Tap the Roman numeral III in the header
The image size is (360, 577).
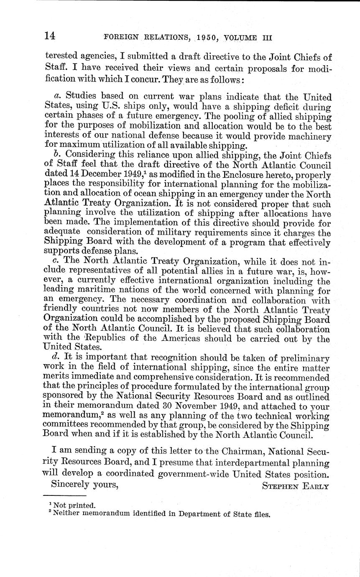(267, 37)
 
